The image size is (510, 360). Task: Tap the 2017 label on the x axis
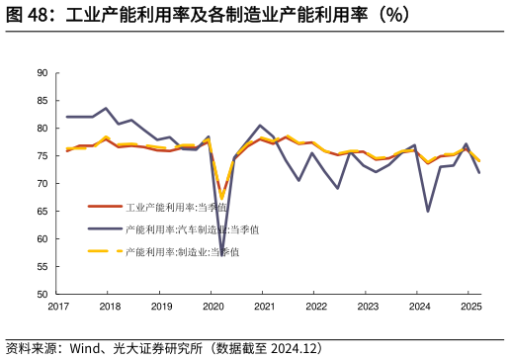point(59,308)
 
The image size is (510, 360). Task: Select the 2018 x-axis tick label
point(111,308)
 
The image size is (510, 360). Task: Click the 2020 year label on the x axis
point(213,308)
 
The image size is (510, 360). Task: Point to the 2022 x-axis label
point(316,308)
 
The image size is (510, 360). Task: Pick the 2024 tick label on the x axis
point(419,308)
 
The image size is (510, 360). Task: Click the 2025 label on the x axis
point(470,308)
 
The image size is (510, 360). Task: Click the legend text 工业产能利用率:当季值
point(177,208)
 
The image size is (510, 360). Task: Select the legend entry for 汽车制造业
point(193,229)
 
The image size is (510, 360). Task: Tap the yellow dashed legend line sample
point(104,251)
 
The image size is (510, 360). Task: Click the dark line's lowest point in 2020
point(222,255)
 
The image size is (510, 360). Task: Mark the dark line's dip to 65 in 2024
point(428,211)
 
